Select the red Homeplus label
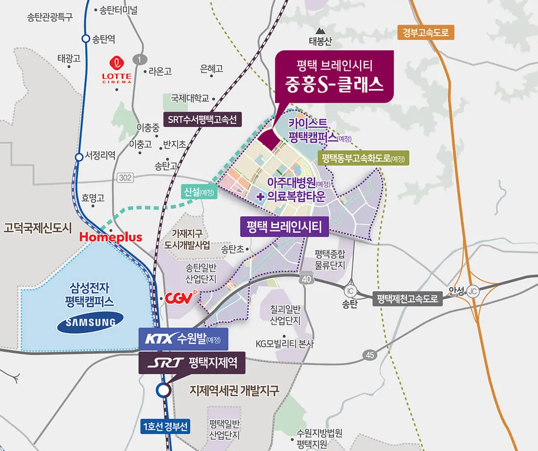tap(111, 237)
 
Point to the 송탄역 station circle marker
tap(86, 39)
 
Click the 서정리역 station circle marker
tap(79, 157)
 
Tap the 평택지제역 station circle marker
tap(163, 390)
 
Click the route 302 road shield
tap(125, 178)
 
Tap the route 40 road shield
tap(306, 278)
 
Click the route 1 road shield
tap(140, 60)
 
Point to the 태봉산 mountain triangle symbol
tap(321, 30)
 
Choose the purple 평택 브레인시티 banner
tap(284, 226)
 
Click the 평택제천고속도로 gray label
tap(407, 299)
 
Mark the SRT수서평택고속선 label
tap(202, 119)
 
